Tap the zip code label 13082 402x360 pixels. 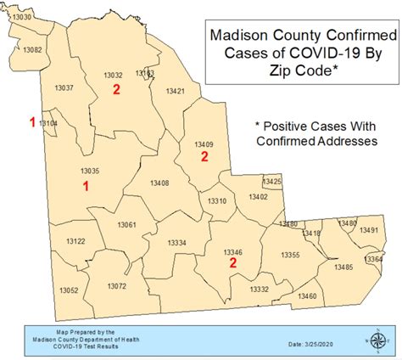pyautogui.click(x=32, y=50)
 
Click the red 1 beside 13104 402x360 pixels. pyautogui.click(x=32, y=122)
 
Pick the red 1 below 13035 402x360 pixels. pyautogui.click(x=86, y=184)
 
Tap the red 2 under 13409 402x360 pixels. pyautogui.click(x=204, y=156)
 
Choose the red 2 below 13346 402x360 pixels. pyautogui.click(x=233, y=264)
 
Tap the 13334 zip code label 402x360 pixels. pyautogui.click(x=176, y=243)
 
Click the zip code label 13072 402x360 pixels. pyautogui.click(x=116, y=286)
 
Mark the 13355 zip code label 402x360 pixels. pyautogui.click(x=290, y=256)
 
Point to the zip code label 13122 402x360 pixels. pyautogui.click(x=75, y=242)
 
